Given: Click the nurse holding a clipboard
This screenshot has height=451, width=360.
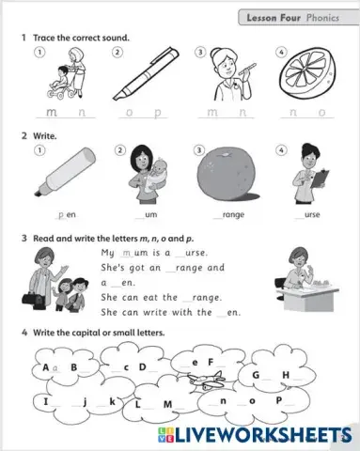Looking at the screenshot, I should (x=307, y=178).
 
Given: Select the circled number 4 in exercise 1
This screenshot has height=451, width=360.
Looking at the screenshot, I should (x=281, y=52).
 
